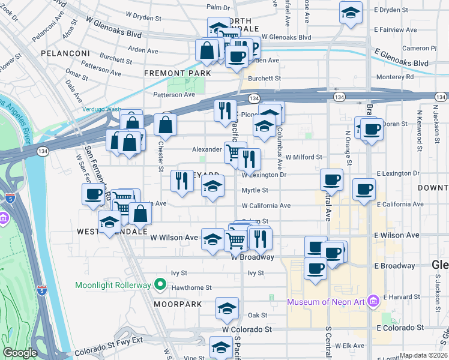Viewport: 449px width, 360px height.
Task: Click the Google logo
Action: pyautogui.click(x=20, y=353)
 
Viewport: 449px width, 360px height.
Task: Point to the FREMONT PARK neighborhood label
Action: pyautogui.click(x=177, y=73)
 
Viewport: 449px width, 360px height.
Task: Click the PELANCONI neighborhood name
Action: pyautogui.click(x=65, y=53)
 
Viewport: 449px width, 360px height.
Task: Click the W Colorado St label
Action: pyautogui.click(x=247, y=329)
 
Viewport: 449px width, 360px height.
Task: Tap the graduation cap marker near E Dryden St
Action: pyautogui.click(x=350, y=13)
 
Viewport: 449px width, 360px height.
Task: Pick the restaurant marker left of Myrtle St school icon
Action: pyautogui.click(x=182, y=181)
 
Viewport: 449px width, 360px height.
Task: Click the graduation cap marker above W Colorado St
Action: pyautogui.click(x=227, y=308)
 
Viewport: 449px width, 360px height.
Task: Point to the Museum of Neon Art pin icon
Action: pyautogui.click(x=372, y=299)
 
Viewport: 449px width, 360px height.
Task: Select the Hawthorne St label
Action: pyautogui.click(x=191, y=287)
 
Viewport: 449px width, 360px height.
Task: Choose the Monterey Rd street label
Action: pyautogui.click(x=394, y=77)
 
